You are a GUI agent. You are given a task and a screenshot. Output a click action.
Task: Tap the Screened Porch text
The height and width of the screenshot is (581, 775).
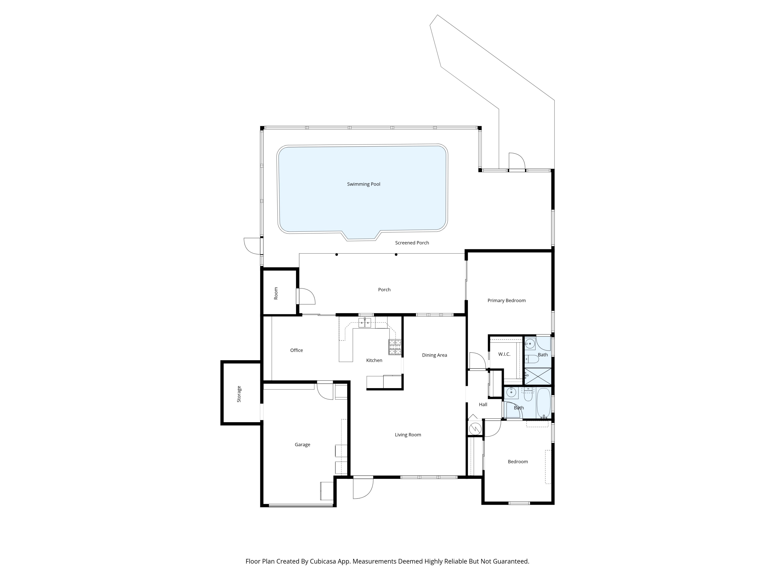[412, 243]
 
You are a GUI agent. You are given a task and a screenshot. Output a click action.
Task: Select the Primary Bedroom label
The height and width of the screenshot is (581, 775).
[506, 301]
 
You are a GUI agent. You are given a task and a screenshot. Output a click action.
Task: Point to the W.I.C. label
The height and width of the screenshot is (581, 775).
[504, 354]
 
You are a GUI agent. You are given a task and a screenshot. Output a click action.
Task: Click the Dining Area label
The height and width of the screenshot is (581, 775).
[435, 355]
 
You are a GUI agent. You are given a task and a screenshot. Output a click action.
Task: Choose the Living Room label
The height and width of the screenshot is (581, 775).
[408, 435]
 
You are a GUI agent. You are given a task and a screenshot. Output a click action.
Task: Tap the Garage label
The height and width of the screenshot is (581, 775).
[302, 444]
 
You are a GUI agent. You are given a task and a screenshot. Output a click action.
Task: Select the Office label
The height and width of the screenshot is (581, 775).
[296, 350]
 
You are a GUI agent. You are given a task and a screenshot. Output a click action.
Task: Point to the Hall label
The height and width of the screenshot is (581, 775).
[483, 404]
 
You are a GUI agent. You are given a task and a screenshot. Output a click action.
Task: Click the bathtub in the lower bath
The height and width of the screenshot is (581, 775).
[544, 403]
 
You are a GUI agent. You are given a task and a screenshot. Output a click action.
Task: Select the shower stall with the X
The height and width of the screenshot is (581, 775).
[537, 376]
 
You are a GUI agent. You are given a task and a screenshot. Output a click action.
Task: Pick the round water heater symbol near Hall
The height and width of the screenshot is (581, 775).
[475, 428]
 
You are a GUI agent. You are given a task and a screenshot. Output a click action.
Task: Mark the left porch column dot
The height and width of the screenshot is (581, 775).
[336, 255]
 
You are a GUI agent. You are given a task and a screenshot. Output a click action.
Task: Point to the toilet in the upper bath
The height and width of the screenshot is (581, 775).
[532, 359]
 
